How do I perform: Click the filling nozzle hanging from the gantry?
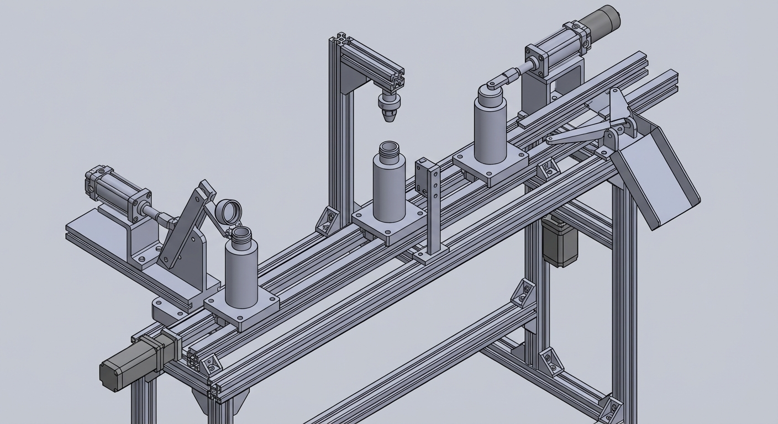pyautogui.click(x=390, y=105)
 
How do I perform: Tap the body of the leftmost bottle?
pyautogui.click(x=241, y=273)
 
